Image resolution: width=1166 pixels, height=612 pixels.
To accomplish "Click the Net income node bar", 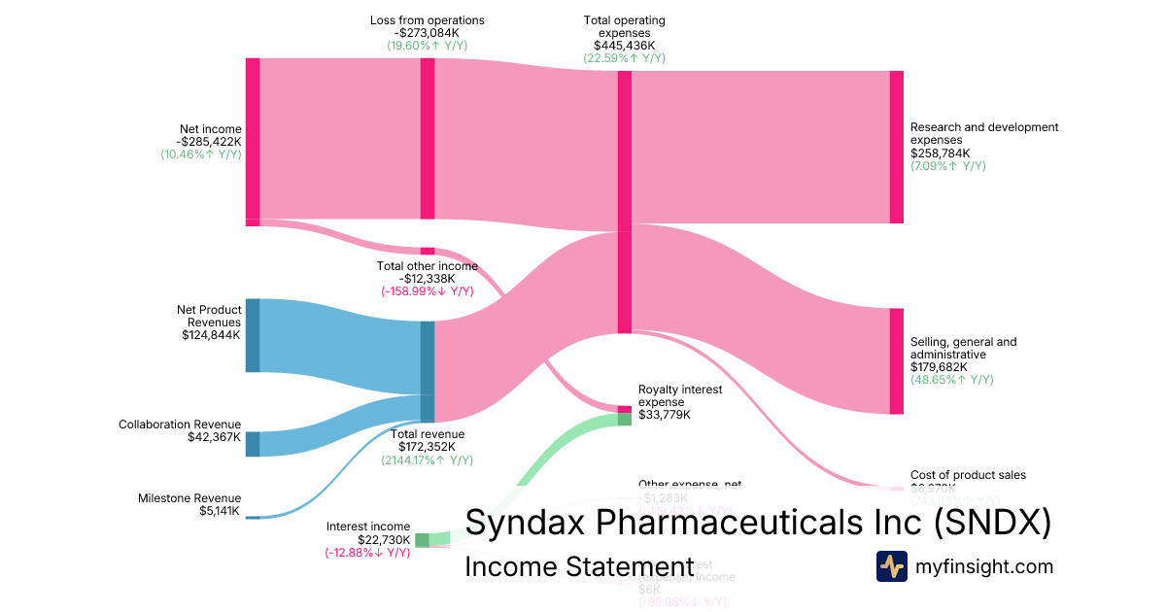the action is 253,141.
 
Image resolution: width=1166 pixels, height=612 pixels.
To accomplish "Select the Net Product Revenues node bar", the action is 253,335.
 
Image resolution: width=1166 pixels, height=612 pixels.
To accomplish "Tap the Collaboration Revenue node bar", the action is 253,444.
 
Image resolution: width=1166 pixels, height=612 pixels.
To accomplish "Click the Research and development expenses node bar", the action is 896,147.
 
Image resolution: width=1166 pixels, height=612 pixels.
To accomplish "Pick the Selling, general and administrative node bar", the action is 896,361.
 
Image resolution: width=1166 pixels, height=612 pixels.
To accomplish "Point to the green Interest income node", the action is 422,540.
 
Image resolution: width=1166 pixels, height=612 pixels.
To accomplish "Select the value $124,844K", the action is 211,335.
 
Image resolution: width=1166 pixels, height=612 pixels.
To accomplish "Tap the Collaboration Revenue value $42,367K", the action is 214,437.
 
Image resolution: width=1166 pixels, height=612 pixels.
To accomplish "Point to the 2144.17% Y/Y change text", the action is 427,459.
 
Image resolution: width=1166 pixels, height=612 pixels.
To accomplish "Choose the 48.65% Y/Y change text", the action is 951,380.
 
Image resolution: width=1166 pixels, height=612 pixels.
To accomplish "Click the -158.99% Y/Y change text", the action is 427,291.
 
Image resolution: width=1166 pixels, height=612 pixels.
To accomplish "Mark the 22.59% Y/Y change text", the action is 624,58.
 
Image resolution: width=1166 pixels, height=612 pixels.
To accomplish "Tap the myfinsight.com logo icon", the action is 891,566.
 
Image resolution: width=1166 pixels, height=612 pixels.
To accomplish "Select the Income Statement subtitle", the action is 579,567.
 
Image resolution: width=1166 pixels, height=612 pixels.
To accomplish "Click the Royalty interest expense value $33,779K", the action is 665,415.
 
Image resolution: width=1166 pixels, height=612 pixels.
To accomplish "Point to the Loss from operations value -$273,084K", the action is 427,33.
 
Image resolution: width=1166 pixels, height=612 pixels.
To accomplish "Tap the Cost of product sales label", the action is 968,475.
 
